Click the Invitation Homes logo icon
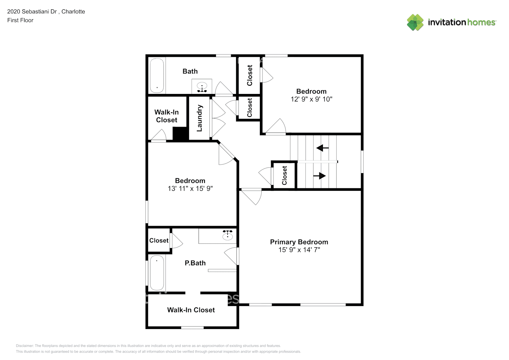(x=415, y=22)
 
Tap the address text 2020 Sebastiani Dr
(x=32, y=12)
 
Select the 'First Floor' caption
(x=20, y=20)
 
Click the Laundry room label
(x=199, y=118)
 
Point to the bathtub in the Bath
(x=157, y=76)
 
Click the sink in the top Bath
(x=202, y=86)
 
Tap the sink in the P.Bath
(x=227, y=236)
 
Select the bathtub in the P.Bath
(x=157, y=273)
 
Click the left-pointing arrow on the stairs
(x=322, y=148)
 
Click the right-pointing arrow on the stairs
(x=320, y=176)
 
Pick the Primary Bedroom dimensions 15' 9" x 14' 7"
(x=299, y=250)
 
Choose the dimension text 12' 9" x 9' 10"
(x=311, y=99)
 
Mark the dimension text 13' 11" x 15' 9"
(x=190, y=188)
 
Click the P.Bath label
(x=195, y=263)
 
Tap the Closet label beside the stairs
(x=284, y=175)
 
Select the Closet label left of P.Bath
(x=159, y=240)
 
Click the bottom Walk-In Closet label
(x=191, y=310)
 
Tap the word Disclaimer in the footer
(x=24, y=346)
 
